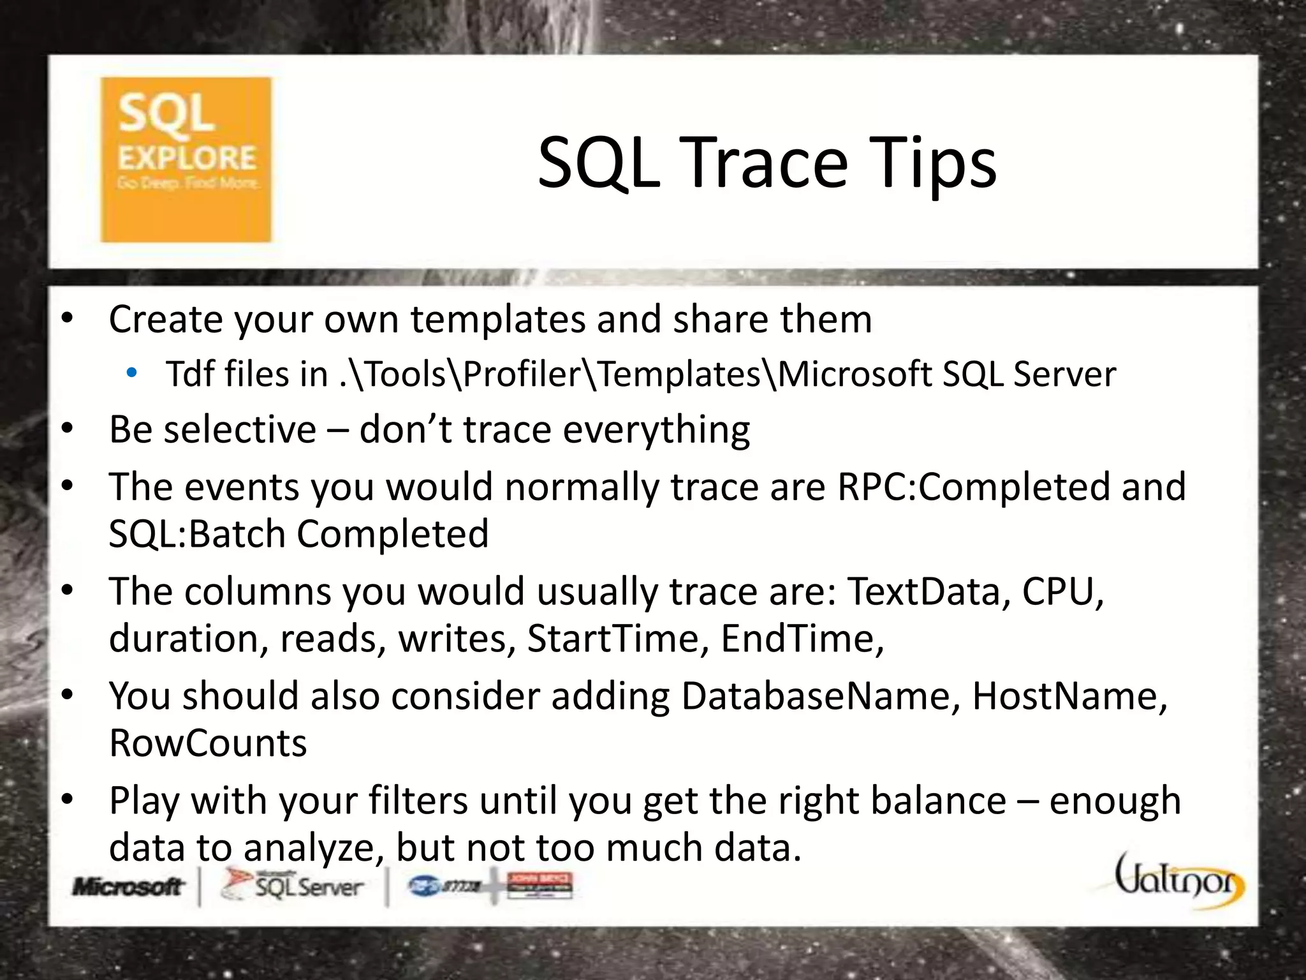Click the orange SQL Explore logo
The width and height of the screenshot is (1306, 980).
click(x=186, y=160)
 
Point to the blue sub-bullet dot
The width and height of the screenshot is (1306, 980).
click(x=131, y=373)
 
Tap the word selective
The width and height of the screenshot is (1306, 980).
click(x=240, y=429)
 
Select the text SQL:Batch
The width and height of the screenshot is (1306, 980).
click(x=197, y=534)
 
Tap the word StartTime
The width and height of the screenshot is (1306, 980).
click(x=613, y=639)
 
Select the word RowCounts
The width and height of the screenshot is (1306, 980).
click(x=208, y=743)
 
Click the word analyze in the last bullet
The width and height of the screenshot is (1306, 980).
click(x=314, y=849)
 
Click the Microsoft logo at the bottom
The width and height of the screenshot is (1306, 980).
click(x=128, y=887)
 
